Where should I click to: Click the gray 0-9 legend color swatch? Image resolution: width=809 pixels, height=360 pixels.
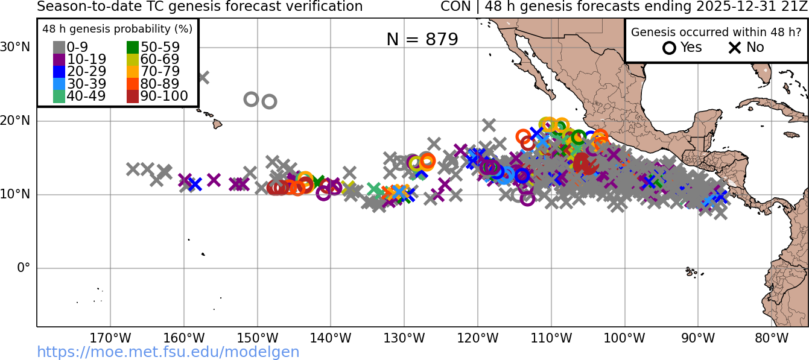click(x=59, y=47)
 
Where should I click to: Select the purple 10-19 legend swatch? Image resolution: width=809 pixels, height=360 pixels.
click(x=59, y=59)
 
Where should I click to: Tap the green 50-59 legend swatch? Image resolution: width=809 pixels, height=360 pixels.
click(x=133, y=47)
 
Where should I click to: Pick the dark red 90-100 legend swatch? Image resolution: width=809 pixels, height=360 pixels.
click(x=133, y=96)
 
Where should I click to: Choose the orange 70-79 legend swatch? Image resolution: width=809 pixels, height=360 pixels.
click(x=133, y=72)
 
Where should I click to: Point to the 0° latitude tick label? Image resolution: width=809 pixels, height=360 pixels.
click(x=23, y=268)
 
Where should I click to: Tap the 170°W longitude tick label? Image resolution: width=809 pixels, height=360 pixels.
click(x=110, y=338)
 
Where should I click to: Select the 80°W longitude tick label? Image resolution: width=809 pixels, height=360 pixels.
click(x=772, y=338)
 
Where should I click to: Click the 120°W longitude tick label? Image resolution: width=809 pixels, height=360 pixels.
click(x=478, y=338)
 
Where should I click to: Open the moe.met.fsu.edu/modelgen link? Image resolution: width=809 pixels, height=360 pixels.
click(x=168, y=352)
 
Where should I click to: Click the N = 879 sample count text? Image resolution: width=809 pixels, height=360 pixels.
click(x=422, y=39)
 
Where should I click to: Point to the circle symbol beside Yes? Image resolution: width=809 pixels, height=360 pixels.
click(x=669, y=48)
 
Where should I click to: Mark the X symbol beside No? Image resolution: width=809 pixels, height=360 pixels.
click(x=735, y=48)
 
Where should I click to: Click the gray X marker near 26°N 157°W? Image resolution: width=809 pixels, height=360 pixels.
click(x=203, y=77)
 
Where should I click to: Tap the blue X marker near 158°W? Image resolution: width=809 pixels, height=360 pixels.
click(x=195, y=185)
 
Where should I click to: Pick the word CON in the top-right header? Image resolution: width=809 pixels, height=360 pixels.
click(x=452, y=7)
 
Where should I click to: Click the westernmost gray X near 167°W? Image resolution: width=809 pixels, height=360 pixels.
click(x=133, y=169)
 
